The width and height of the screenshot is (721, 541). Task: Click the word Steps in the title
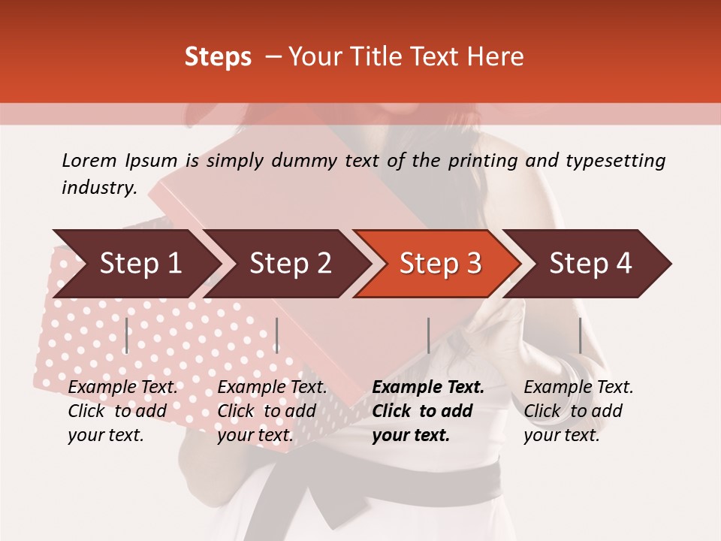pyautogui.click(x=218, y=57)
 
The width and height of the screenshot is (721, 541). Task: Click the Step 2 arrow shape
pyautogui.click(x=289, y=264)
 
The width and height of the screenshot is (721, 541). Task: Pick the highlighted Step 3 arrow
pyautogui.click(x=439, y=264)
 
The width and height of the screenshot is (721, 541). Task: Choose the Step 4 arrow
pyautogui.click(x=590, y=264)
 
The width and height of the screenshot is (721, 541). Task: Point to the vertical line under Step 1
pyautogui.click(x=127, y=335)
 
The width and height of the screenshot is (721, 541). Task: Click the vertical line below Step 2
pyautogui.click(x=277, y=335)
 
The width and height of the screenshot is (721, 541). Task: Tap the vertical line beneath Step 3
pyautogui.click(x=428, y=335)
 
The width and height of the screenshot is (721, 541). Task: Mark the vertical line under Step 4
pyautogui.click(x=580, y=335)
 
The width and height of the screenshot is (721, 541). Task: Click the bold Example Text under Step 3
pyautogui.click(x=428, y=388)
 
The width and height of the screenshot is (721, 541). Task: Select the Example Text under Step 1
pyautogui.click(x=122, y=388)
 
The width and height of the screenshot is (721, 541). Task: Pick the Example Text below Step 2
pyautogui.click(x=272, y=388)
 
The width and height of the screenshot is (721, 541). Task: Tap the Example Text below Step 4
pyautogui.click(x=578, y=388)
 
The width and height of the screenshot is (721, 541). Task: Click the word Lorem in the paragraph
pyautogui.click(x=89, y=161)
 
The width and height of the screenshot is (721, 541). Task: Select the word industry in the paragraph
pyautogui.click(x=98, y=188)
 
